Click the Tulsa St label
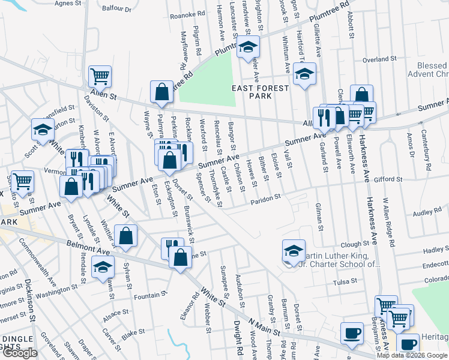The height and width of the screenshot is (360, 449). [x=345, y=280]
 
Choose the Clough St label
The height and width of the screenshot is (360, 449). [x=354, y=244]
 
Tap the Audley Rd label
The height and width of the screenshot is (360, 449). [x=427, y=212]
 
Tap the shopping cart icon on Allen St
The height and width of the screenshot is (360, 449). [x=100, y=77]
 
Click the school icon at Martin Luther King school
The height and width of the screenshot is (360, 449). [x=294, y=252]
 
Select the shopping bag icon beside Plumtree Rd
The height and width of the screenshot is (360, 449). [x=161, y=92]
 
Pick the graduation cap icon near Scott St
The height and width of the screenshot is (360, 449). [x=43, y=130]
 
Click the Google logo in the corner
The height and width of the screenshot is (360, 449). [x=19, y=353]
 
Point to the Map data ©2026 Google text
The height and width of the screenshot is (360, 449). [x=412, y=355]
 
